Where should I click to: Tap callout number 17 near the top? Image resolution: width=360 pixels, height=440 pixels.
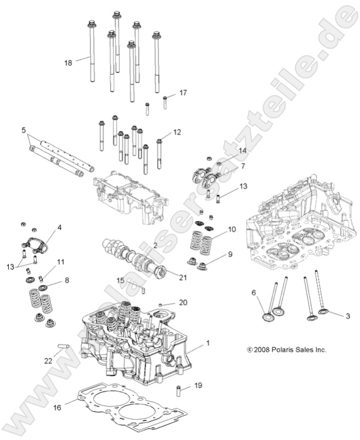tap(183, 93)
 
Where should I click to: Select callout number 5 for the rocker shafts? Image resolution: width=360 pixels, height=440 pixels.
tap(24, 130)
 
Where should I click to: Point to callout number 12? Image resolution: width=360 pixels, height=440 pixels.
tap(177, 132)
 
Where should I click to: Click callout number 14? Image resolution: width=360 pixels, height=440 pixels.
tap(242, 151)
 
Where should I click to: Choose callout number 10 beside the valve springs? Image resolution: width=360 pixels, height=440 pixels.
tap(232, 229)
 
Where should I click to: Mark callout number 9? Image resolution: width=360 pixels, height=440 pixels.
tap(230, 254)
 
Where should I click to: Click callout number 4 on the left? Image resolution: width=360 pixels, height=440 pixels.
tap(59, 227)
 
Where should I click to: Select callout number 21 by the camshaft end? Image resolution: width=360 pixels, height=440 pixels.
tap(182, 277)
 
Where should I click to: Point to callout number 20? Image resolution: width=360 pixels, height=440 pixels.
tap(183, 302)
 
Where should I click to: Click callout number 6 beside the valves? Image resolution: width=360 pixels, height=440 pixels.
tap(254, 293)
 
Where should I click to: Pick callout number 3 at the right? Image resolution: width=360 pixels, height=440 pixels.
tap(332, 315)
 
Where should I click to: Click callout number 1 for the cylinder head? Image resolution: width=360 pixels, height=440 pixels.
tap(208, 343)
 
